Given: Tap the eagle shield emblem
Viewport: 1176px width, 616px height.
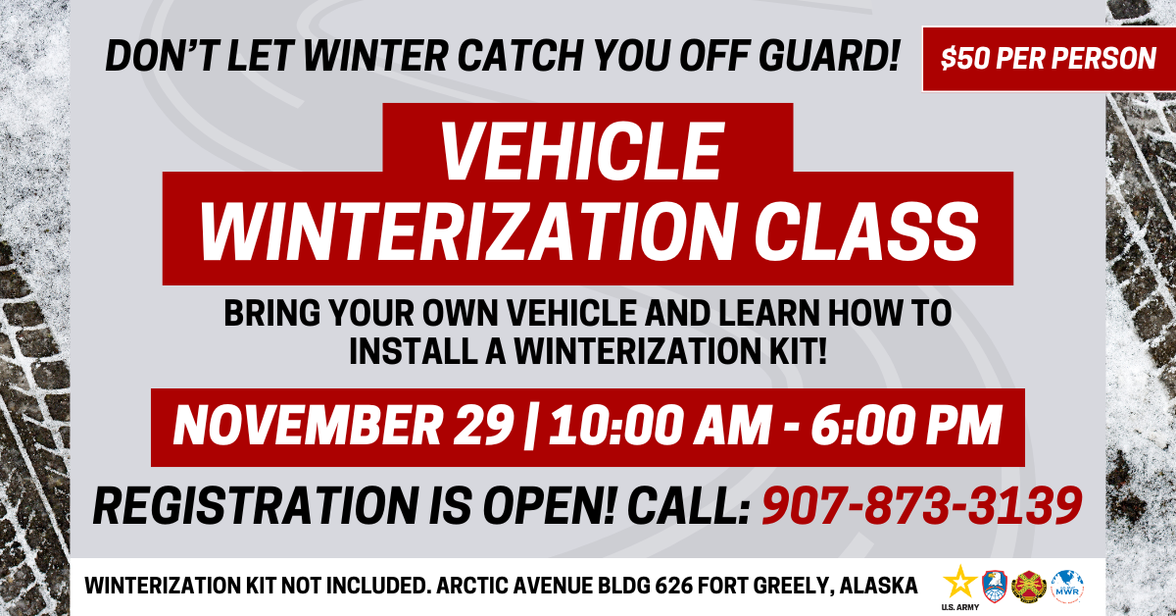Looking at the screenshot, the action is (x=995, y=586).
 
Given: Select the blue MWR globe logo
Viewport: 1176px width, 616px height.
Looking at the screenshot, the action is (x=1067, y=587).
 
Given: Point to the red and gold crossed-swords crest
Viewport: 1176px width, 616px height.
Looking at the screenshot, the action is (x=1030, y=587).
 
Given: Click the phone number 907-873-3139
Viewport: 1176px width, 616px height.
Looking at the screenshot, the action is (x=922, y=505).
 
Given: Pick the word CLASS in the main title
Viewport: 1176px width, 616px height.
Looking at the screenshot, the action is (x=866, y=231).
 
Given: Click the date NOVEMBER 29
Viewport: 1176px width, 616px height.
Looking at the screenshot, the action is (x=343, y=425).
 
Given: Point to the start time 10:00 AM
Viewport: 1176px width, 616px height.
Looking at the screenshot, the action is (x=660, y=425).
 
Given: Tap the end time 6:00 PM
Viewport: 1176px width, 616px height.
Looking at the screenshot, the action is (x=906, y=425).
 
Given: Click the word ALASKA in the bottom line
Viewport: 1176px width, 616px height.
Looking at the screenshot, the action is (x=878, y=585).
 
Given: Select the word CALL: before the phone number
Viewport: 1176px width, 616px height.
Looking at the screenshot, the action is (x=688, y=505).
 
